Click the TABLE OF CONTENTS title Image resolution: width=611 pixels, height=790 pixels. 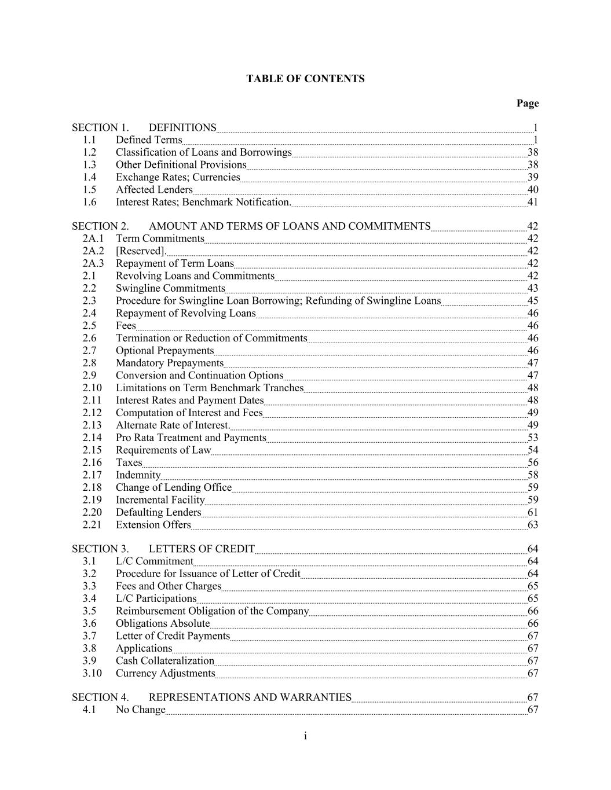pyautogui.click(x=305, y=79)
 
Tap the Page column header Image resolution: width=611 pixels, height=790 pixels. pyautogui.click(x=527, y=104)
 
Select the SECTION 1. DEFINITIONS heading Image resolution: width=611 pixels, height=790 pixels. pyautogui.click(x=144, y=127)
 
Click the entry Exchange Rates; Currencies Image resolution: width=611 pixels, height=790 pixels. pyautogui.click(x=177, y=177)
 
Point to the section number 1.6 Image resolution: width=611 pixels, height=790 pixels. pyautogui.click(x=89, y=202)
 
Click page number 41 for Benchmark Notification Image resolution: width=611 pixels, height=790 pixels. pyautogui.click(x=532, y=202)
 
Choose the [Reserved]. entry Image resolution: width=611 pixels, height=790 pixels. pyautogui.click(x=141, y=251)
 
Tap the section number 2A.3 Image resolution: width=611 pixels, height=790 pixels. pyautogui.click(x=93, y=263)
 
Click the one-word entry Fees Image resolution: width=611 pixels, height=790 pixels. pyautogui.click(x=126, y=325)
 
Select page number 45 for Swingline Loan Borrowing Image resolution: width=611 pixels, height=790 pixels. pyautogui.click(x=532, y=301)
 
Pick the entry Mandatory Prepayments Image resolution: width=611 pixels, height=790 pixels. pyautogui.click(x=169, y=363)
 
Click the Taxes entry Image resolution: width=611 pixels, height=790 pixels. pyautogui.click(x=129, y=462)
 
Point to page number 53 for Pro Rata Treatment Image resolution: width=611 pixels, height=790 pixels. pyautogui.click(x=532, y=438)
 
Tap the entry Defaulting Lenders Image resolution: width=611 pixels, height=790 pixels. pyautogui.click(x=158, y=512)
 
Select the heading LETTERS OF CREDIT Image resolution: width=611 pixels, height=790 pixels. pyautogui.click(x=201, y=549)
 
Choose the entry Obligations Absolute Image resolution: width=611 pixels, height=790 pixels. pyautogui.click(x=162, y=623)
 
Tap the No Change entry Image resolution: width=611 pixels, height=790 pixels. pyautogui.click(x=140, y=710)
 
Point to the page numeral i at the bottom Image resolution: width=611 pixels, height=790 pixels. pyautogui.click(x=305, y=736)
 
